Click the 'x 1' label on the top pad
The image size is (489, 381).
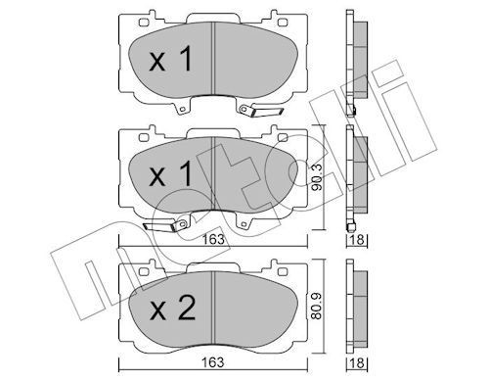[x=170, y=59]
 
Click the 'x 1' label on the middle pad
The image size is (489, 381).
[x=170, y=174]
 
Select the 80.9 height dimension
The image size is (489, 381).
[x=317, y=306]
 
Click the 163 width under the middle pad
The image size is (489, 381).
[x=213, y=239]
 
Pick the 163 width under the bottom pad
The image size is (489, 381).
[x=213, y=362]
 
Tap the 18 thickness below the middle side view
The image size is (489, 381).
[x=358, y=239]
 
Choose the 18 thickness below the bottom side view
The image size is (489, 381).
[x=358, y=362]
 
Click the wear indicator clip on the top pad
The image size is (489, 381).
[x=260, y=111]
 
